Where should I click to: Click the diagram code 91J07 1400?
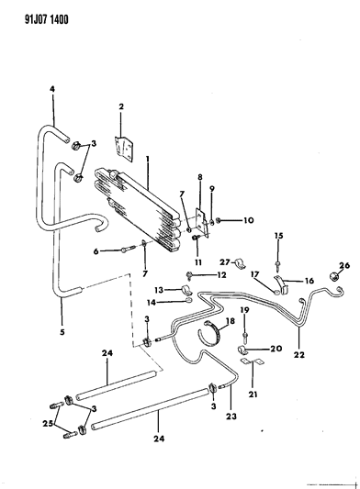47,19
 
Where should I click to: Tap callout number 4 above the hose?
52,89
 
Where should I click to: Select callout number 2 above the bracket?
121,106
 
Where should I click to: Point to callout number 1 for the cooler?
148,159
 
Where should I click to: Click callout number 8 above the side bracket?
200,177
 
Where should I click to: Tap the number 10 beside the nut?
249,220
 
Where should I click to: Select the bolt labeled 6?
128,250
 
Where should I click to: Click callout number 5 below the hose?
62,332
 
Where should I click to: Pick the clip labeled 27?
241,264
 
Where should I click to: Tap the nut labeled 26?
332,275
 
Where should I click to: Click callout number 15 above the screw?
278,236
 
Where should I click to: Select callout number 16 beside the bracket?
309,281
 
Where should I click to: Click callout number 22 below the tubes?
298,354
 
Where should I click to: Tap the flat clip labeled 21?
253,362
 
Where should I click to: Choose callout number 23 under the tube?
231,417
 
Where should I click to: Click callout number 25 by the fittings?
48,424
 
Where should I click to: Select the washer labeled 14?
188,300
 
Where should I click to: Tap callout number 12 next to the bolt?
221,274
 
